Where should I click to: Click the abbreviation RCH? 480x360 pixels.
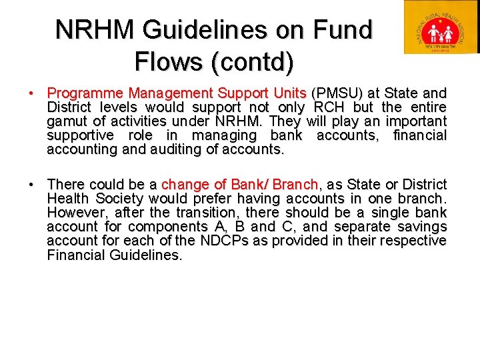pyautogui.click(x=327, y=107)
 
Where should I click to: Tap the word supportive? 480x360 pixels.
pyautogui.click(x=82, y=136)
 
